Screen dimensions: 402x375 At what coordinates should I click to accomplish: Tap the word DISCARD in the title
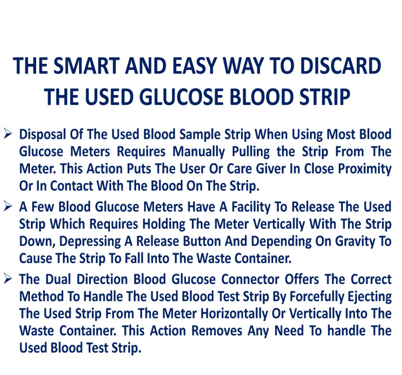click(x=340, y=66)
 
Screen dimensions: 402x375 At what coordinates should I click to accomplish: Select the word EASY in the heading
click(x=195, y=66)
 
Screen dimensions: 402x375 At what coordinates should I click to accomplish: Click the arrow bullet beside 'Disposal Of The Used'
click(x=8, y=134)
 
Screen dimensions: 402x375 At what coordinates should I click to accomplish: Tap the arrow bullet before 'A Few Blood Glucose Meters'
click(x=8, y=206)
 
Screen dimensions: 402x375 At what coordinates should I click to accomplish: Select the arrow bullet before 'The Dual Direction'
click(x=8, y=278)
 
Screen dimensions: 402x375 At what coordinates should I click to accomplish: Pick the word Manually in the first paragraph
click(x=199, y=152)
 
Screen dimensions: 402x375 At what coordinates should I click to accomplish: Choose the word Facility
click(x=251, y=207)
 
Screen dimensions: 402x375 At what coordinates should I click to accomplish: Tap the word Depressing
click(x=90, y=241)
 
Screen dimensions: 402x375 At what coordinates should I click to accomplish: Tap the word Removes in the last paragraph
click(x=217, y=330)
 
